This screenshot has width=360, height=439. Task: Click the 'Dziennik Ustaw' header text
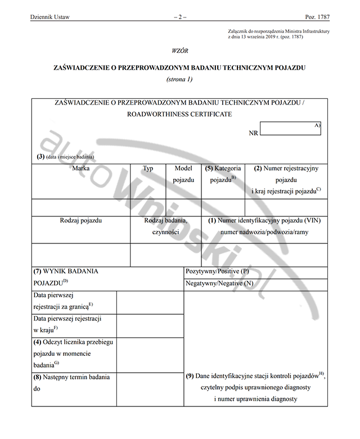(50, 17)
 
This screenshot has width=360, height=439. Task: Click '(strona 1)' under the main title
(179, 79)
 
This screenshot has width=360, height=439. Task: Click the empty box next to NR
(290, 130)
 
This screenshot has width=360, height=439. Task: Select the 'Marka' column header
(81, 168)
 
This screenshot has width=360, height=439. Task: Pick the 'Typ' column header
(148, 168)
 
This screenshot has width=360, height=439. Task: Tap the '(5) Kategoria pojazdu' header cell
(223, 174)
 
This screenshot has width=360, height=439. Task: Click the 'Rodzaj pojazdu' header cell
(81, 221)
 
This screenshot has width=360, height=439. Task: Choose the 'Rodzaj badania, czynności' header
(165, 226)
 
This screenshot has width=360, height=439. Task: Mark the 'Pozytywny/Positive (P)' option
(217, 271)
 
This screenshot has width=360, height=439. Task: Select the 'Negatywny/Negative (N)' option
(219, 283)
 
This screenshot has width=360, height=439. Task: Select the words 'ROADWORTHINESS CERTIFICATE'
(179, 114)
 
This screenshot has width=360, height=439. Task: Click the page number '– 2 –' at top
(180, 17)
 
